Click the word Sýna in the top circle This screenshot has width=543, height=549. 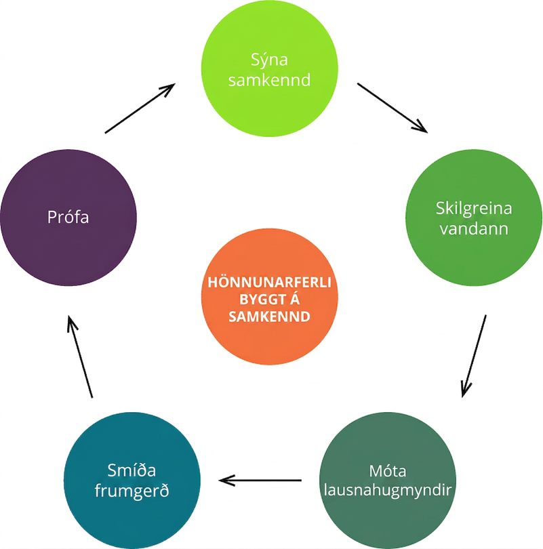[x=269, y=60]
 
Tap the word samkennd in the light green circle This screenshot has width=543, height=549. [x=269, y=80]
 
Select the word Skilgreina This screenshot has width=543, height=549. [x=474, y=209]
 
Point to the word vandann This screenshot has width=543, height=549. [x=474, y=228]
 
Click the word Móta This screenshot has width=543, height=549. [x=388, y=471]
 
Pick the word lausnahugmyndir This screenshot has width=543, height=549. [x=388, y=490]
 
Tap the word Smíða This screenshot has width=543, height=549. [x=132, y=470]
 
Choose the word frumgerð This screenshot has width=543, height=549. [x=132, y=490]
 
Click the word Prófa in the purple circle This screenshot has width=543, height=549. [x=68, y=217]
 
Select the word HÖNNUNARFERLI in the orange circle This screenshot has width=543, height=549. [x=269, y=282]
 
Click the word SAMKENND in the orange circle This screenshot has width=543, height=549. [x=269, y=317]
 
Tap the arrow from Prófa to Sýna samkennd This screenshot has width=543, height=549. [x=140, y=108]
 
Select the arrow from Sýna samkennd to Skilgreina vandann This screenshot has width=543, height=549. [x=392, y=108]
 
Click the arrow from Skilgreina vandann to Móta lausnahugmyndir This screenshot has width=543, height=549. [x=474, y=356]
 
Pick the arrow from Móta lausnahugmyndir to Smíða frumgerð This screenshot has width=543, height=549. [x=260, y=481]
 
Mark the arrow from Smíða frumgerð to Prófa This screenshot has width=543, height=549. [x=80, y=357]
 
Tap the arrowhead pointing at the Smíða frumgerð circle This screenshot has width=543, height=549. [x=226, y=481]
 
